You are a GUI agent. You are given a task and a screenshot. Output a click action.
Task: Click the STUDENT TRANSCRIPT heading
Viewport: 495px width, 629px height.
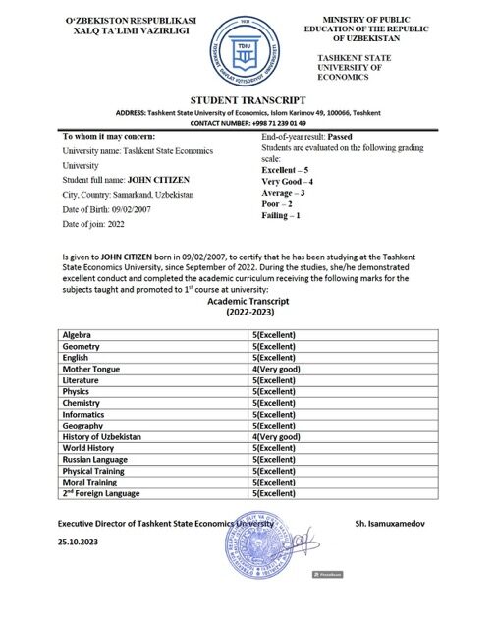click(x=247, y=100)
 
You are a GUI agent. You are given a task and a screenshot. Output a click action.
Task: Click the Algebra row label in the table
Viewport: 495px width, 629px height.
click(x=78, y=335)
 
